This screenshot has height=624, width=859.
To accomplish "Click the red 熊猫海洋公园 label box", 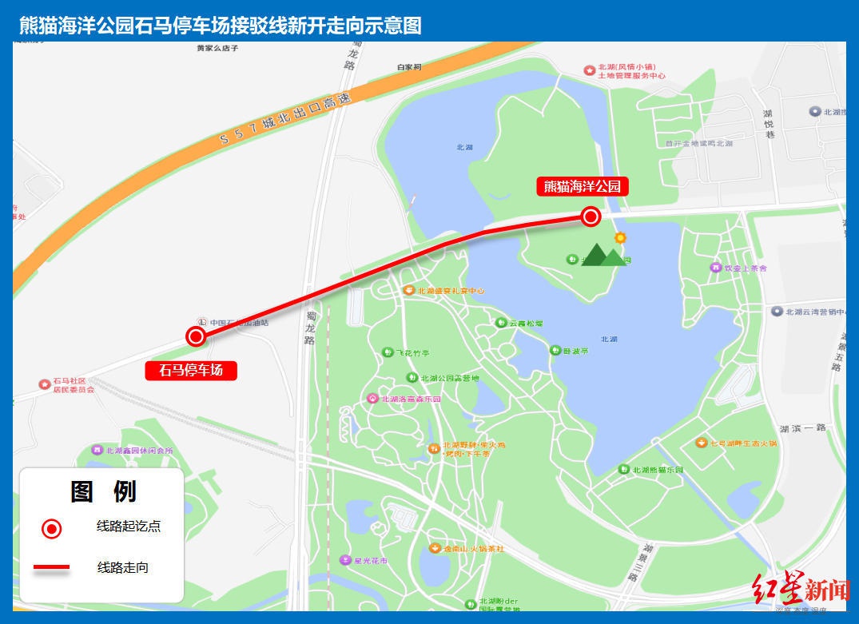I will [x=582, y=187].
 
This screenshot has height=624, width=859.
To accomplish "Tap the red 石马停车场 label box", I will [x=191, y=371].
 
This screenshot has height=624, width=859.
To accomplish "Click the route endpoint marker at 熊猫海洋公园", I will [x=591, y=217].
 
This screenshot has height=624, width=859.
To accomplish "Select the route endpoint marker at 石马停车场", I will [x=196, y=336].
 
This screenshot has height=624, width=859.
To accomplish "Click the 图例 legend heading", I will [x=103, y=491].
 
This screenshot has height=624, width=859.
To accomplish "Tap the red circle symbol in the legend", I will [x=52, y=528].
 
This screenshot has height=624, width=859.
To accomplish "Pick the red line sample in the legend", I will [x=51, y=568].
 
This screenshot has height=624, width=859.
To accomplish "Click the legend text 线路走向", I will [x=123, y=568].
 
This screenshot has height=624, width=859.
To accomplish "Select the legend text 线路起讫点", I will [x=129, y=527].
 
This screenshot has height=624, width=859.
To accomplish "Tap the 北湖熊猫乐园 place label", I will [x=658, y=470].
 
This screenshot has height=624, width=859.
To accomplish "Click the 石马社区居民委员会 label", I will [x=74, y=385].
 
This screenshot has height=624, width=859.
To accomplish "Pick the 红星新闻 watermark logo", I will [x=799, y=590].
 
